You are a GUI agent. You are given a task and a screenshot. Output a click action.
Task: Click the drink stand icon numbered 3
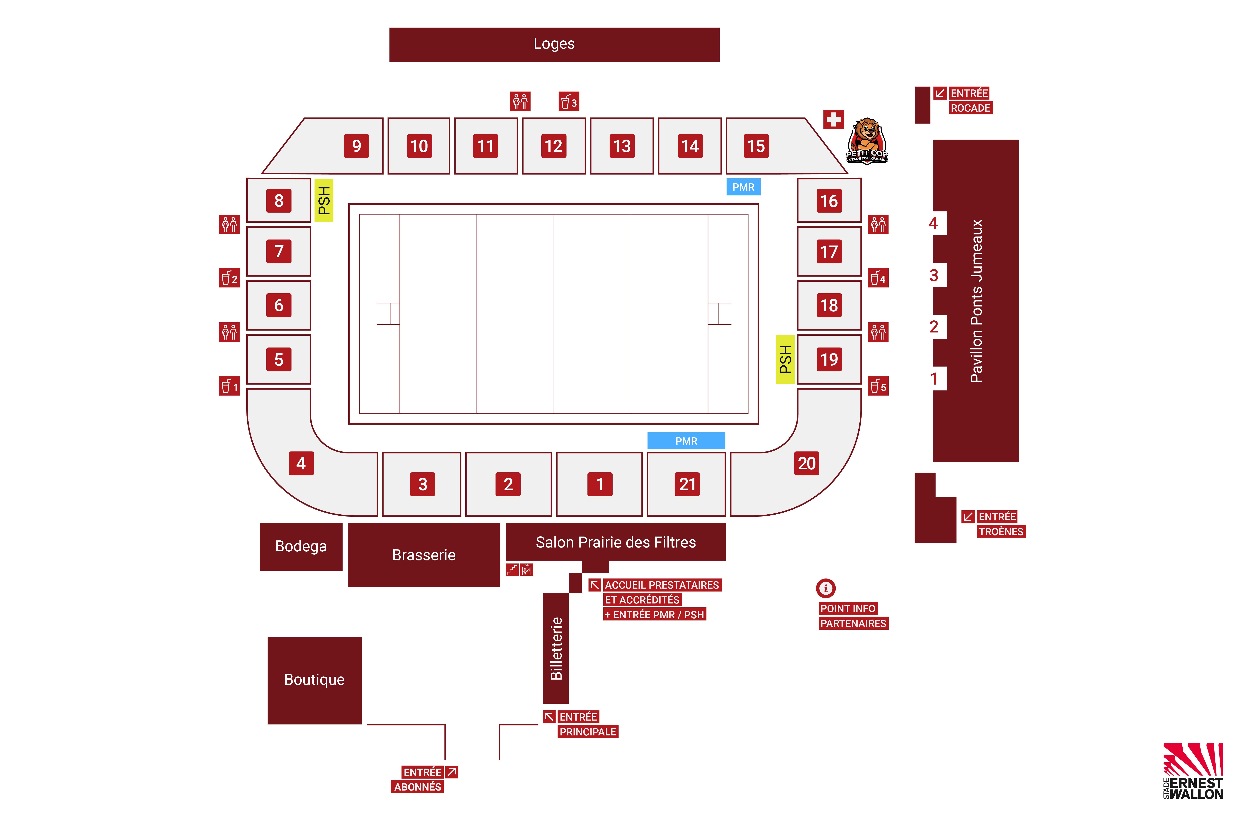click(x=569, y=101)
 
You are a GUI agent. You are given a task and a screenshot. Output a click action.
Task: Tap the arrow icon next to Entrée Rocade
click(x=940, y=93)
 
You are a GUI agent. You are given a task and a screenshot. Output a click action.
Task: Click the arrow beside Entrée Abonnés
click(x=452, y=772)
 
